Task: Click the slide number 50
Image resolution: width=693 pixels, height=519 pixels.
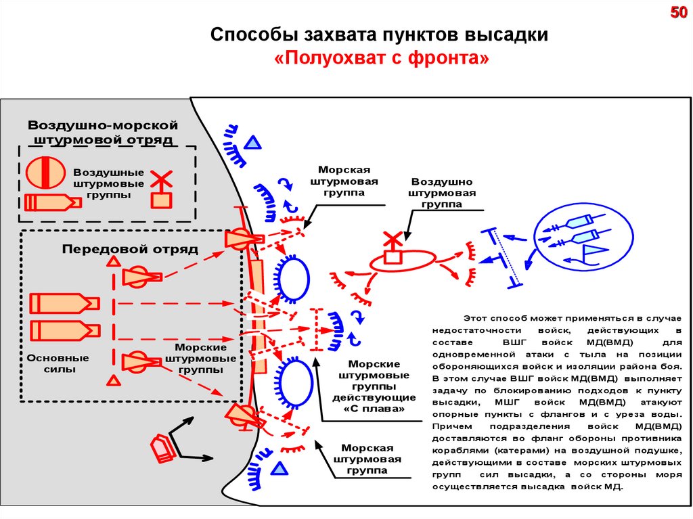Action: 678,13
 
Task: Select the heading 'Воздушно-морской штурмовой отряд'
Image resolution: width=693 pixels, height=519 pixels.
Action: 102,133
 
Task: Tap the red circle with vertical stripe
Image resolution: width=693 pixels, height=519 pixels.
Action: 45,172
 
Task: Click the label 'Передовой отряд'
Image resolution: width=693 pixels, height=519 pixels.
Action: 130,249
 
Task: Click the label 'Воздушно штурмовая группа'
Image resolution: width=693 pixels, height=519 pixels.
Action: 442,193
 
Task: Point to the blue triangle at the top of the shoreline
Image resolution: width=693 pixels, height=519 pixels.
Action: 252,142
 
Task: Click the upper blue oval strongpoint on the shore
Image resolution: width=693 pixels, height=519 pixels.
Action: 292,277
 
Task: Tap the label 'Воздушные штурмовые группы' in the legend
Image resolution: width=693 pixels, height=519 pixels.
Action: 108,183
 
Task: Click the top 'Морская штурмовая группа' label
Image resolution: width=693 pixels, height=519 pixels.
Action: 343,181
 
